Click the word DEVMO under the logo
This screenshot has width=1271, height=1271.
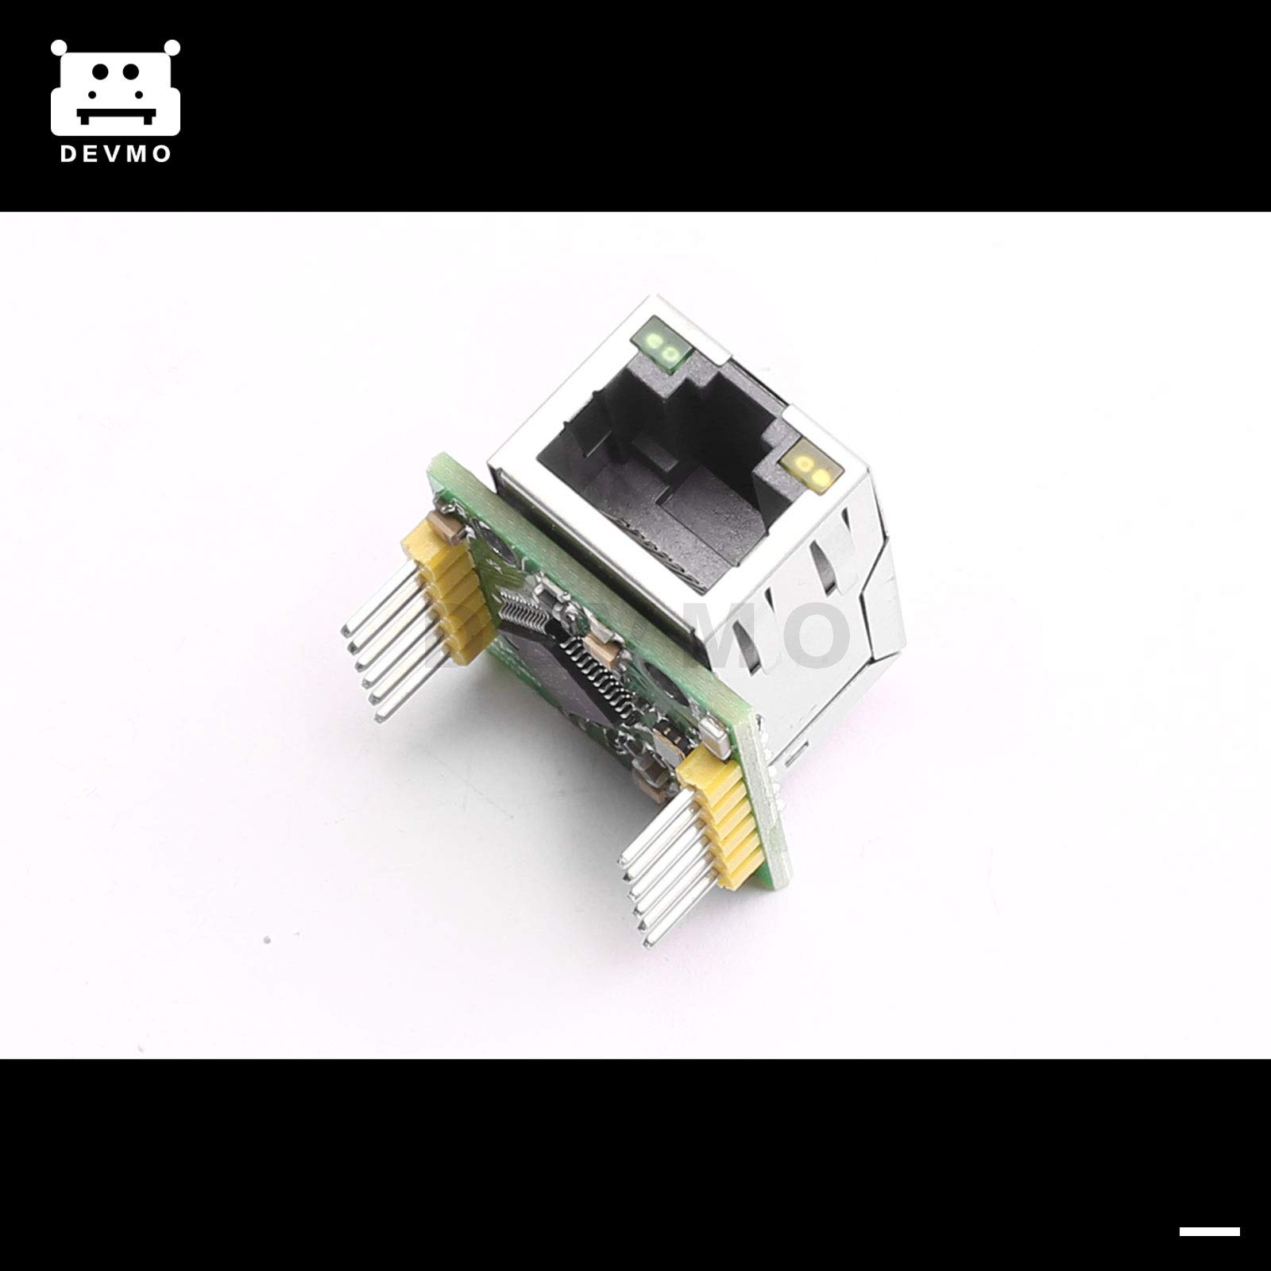click(x=116, y=154)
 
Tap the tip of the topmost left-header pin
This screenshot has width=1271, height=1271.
click(x=347, y=632)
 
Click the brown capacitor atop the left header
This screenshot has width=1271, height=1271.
click(x=440, y=524)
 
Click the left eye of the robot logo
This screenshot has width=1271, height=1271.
click(x=99, y=71)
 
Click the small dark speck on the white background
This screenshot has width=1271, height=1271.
click(x=268, y=941)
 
